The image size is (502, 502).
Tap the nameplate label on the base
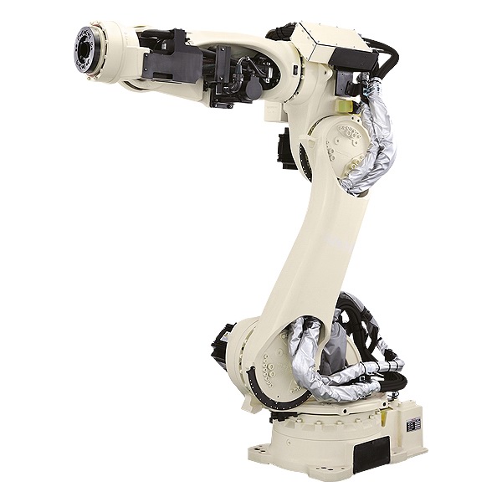(x=412, y=425)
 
